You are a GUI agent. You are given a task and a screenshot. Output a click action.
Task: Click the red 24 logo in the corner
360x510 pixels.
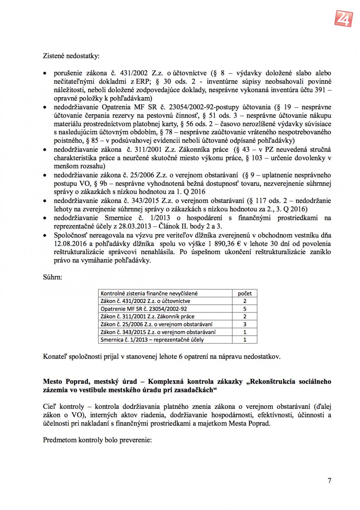(x=343, y=18)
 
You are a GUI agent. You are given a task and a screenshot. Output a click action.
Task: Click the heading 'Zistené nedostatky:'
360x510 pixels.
(x=71, y=56)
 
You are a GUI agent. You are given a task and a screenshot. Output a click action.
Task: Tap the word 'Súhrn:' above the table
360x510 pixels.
(x=52, y=277)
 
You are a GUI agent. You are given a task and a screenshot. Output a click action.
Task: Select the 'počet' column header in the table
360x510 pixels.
(x=244, y=293)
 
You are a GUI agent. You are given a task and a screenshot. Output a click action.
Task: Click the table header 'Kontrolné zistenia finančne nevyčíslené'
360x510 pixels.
(x=149, y=293)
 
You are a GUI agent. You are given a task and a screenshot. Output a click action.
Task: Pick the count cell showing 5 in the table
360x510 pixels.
(x=244, y=309)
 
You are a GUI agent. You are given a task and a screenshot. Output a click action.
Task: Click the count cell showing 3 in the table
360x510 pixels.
(x=244, y=325)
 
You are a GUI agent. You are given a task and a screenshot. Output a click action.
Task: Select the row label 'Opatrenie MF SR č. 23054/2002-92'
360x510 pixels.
(x=144, y=309)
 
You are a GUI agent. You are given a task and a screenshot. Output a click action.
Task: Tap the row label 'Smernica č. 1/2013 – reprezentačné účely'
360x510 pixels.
(x=152, y=340)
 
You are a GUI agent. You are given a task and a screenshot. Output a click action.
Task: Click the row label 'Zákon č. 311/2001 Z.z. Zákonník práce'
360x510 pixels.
(x=147, y=317)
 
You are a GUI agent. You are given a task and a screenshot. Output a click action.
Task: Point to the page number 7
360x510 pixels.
(x=329, y=481)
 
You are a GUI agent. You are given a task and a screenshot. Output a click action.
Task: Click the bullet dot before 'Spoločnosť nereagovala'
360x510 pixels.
(x=45, y=235)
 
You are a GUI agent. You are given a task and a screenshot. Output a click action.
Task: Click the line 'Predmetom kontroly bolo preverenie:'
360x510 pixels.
(x=97, y=440)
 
